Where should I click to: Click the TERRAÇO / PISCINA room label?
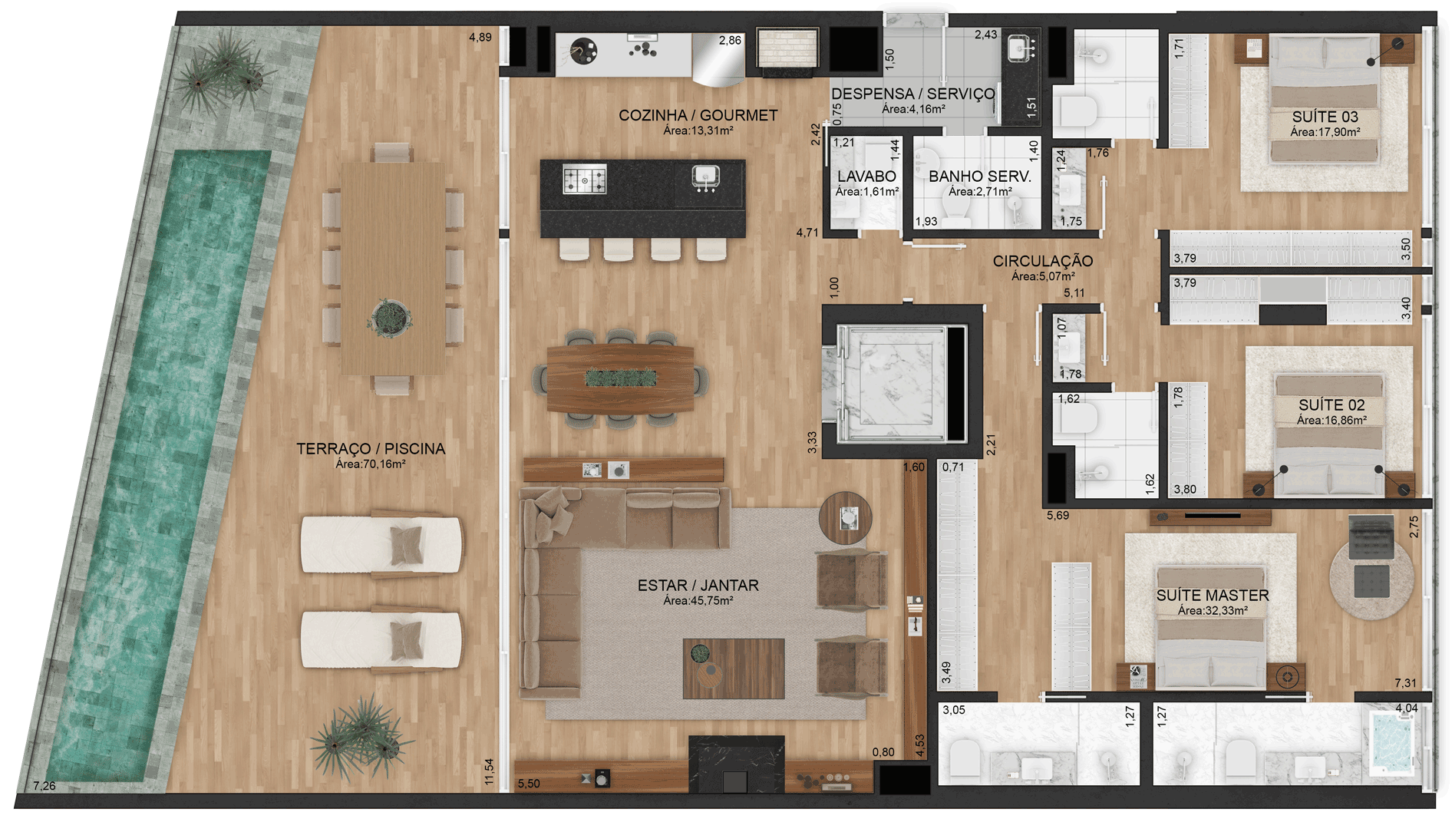371,449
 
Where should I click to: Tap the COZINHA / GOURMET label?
698,116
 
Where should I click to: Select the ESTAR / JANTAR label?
698,586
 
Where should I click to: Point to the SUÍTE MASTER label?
1213,596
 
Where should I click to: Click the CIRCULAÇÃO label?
1043,261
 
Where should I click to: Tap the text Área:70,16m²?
371,464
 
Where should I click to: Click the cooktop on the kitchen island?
585,180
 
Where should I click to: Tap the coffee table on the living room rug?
734,668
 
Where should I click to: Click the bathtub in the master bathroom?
1392,742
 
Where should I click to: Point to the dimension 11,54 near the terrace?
489,772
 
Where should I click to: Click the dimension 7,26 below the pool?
45,786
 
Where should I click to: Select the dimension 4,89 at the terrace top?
480,37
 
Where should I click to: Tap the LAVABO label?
867,177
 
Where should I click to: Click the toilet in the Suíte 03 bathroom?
1074,111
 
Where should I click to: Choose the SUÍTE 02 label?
1332,405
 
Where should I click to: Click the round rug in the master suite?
1371,577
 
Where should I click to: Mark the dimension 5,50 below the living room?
529,784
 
